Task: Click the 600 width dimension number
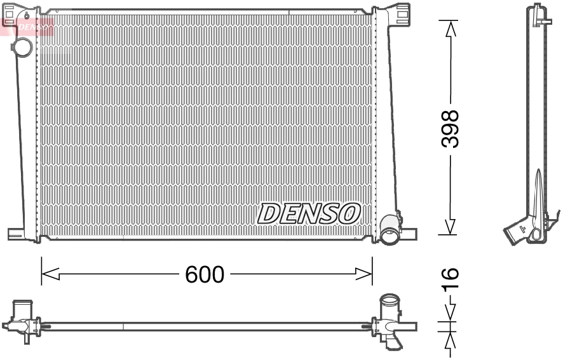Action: pos(205,274)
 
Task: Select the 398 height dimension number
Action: pos(450,129)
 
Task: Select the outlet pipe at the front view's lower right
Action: pos(389,236)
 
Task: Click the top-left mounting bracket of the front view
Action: pos(20,11)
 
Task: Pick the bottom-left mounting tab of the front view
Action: pos(17,233)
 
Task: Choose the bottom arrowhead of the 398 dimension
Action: pos(450,227)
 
